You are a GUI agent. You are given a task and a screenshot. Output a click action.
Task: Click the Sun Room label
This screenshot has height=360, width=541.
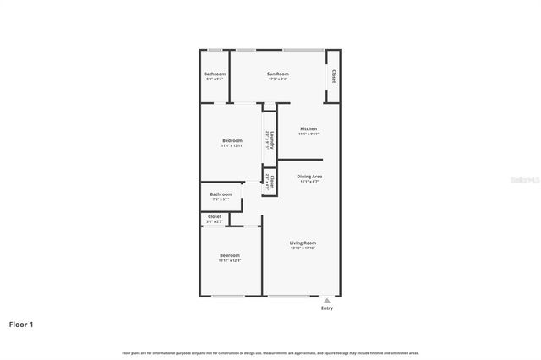(277, 74)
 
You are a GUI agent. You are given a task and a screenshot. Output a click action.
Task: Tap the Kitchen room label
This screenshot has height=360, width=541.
(308, 128)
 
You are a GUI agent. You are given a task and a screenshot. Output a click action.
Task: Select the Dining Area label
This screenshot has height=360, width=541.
(309, 176)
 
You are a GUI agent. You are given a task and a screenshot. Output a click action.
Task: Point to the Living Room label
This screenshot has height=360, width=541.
(302, 243)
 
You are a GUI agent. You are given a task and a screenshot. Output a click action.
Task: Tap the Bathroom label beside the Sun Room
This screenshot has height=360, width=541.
(215, 74)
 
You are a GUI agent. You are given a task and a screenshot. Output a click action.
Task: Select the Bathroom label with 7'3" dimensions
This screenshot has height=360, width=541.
(221, 194)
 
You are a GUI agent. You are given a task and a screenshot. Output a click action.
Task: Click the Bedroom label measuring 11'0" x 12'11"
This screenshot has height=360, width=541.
(232, 140)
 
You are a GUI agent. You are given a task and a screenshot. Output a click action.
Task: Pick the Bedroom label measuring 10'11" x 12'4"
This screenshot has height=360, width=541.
(230, 255)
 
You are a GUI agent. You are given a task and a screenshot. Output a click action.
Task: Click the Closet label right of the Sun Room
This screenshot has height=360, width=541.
(334, 77)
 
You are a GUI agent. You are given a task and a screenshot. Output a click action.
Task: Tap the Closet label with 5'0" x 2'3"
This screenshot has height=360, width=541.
(215, 216)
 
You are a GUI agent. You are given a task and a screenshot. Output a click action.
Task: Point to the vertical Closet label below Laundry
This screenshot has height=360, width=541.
(270, 181)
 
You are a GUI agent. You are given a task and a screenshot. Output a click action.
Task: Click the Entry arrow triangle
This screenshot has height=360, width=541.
(327, 300)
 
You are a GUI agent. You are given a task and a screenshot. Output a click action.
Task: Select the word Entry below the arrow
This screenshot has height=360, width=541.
(327, 308)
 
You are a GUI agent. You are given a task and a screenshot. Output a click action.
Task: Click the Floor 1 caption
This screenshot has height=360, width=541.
(21, 324)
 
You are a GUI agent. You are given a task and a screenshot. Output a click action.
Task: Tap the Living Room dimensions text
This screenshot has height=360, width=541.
(302, 248)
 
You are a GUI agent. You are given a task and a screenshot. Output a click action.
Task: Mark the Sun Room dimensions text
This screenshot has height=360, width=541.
(277, 79)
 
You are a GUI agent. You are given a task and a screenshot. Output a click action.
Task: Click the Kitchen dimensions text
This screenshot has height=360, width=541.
(308, 134)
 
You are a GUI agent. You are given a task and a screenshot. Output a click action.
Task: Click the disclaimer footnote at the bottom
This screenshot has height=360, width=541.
(270, 352)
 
